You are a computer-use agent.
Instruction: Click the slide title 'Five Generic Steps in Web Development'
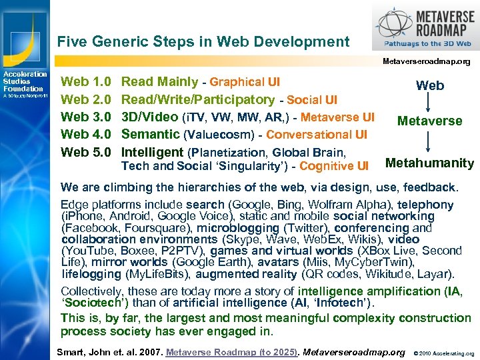(x=203, y=41)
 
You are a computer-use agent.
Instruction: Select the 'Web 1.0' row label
(x=86, y=82)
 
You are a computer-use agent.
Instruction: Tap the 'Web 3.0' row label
(x=86, y=117)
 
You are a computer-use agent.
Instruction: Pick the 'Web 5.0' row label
(x=86, y=152)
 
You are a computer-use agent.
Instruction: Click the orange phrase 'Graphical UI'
(x=245, y=82)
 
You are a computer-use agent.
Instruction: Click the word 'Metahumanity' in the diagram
(x=430, y=163)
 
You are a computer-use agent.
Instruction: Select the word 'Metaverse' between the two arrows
(x=429, y=121)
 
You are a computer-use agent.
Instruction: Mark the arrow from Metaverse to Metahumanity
(x=430, y=141)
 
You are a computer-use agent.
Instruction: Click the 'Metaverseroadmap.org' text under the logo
(x=426, y=61)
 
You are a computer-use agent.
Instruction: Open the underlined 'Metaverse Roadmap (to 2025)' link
(x=231, y=351)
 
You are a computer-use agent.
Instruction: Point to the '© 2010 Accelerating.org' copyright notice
(x=444, y=353)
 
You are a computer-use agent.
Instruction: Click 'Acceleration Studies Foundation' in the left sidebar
(x=25, y=81)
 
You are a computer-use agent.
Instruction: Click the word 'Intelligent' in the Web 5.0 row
(x=153, y=152)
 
